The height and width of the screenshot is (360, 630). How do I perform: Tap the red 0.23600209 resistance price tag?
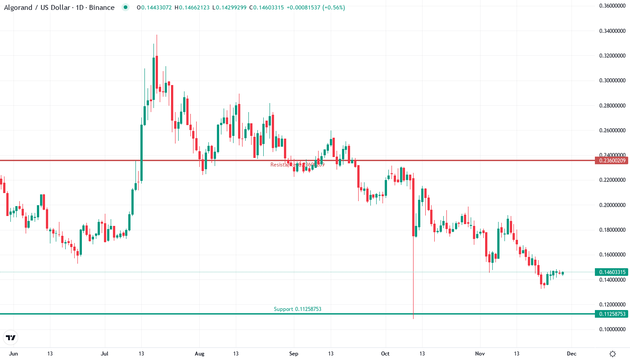coord(610,160)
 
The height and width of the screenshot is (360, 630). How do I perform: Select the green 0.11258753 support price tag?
coord(610,314)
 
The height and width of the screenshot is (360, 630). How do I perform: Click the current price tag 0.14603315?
coord(610,272)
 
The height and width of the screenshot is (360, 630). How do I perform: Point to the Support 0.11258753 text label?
coord(297,309)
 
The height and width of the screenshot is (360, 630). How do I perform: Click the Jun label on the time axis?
coord(13,354)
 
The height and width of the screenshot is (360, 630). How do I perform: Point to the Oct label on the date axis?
coord(385,354)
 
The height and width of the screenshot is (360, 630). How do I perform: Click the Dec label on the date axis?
coord(571,354)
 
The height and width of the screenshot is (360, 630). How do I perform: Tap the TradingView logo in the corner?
coord(11,337)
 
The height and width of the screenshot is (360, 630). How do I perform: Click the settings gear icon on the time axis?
coord(612,354)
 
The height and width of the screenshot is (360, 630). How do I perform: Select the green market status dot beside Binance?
coord(126,8)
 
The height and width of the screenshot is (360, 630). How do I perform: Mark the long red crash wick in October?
coord(413,279)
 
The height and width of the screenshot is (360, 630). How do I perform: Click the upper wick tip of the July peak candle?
coord(157,36)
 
